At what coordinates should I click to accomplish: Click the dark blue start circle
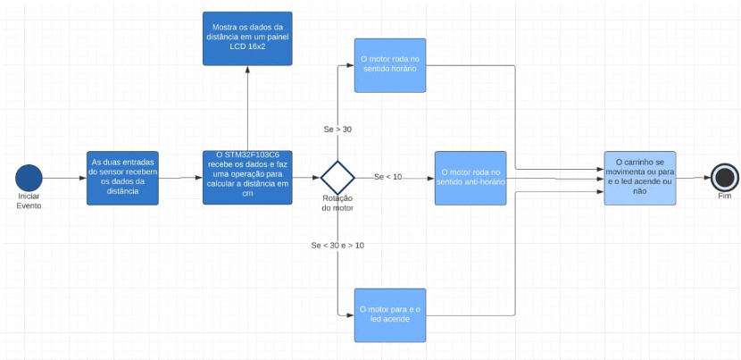tap(29, 178)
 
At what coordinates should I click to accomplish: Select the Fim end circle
tap(723, 177)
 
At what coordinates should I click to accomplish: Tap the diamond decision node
tap(337, 177)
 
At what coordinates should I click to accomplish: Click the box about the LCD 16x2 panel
tap(247, 38)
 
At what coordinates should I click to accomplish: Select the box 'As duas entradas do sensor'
tap(123, 177)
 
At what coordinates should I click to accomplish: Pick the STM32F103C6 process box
tap(247, 177)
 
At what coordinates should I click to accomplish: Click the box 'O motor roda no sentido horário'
tap(390, 65)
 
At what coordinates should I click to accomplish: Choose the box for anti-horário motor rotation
tap(470, 177)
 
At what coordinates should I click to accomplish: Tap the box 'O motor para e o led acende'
tap(390, 314)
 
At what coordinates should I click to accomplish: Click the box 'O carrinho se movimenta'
tap(639, 177)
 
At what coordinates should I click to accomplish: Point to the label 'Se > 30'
tap(337, 130)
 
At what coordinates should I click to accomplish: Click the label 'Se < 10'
tap(387, 176)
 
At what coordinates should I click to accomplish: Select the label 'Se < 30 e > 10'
tap(337, 245)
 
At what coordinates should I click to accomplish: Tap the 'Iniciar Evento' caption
tap(29, 200)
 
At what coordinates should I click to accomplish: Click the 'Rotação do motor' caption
tap(337, 202)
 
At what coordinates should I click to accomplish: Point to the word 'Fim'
tap(724, 196)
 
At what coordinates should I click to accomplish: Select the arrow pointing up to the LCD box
tap(247, 107)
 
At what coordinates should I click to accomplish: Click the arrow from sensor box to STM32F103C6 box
tap(180, 178)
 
